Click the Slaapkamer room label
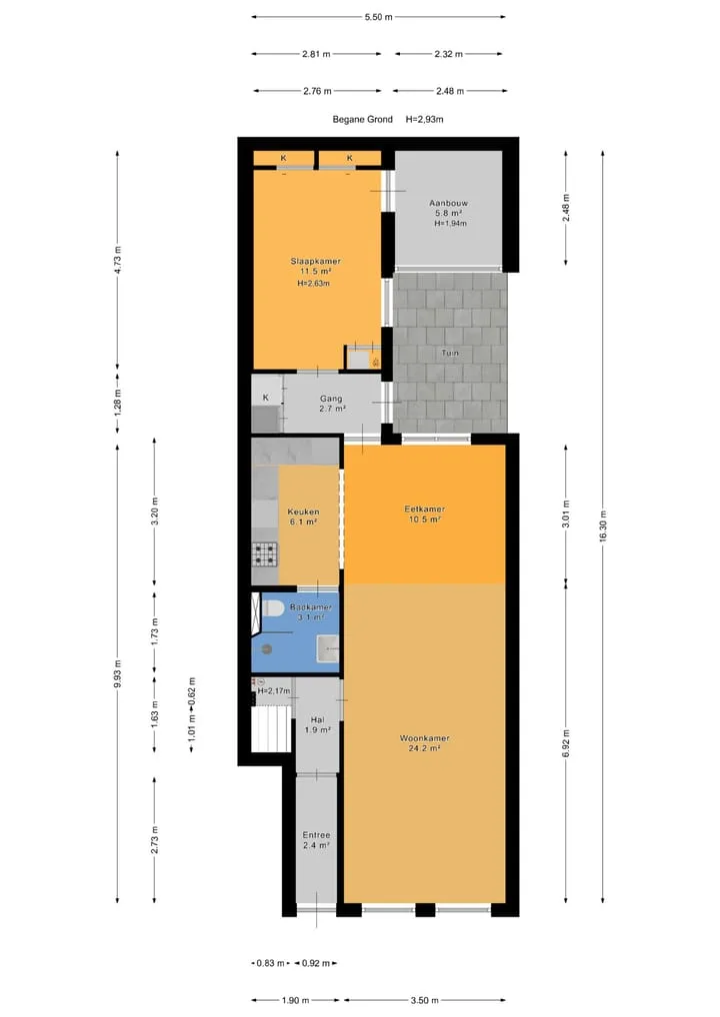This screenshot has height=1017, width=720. pos(316,262)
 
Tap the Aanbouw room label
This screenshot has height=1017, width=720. pos(448,203)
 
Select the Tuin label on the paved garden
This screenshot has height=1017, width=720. pos(450,353)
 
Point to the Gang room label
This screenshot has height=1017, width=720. pos(331,399)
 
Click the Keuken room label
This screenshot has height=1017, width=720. pos(303,511)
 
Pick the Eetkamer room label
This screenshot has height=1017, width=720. pos(425,509)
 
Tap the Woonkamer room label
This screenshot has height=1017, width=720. pos(425,738)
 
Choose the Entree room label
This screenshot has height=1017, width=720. pos(316,835)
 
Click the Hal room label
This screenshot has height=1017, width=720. pos(317,720)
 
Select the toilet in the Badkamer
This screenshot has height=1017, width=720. pos(271,608)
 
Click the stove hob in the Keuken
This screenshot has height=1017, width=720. pos(264,554)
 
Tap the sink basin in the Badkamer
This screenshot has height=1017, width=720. pos(328,648)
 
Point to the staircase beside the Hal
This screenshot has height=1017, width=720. pos(271,728)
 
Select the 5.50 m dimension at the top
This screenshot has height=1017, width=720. pos(379,17)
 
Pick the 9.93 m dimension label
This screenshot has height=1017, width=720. pos(118,673)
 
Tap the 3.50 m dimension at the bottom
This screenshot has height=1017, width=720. pos(425,1000)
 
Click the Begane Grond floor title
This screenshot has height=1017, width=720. pos(362,119)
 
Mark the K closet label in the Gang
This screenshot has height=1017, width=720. pos(266,398)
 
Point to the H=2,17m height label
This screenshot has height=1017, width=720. pos(273,691)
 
